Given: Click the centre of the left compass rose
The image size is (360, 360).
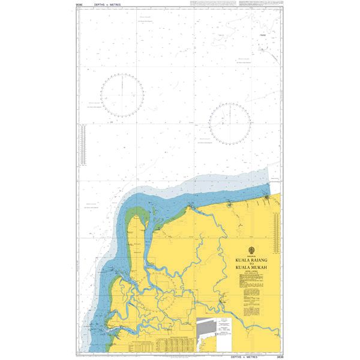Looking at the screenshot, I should pos(122,95).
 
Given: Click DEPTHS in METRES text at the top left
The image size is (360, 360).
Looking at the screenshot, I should pos(107,4).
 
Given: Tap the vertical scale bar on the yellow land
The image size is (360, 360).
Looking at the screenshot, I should pos(275,235).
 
